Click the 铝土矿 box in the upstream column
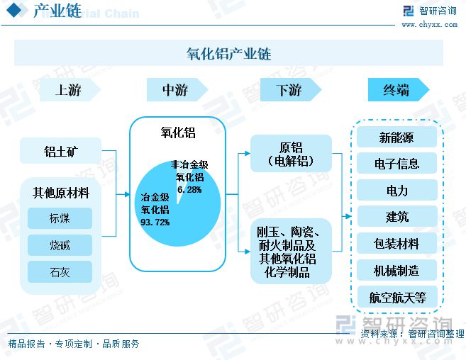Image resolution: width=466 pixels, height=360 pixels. pos(60,151)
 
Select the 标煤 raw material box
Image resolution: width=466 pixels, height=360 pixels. pos(60,218)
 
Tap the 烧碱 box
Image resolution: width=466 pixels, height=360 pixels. pos(60,245)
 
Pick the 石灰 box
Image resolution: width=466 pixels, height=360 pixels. pos(60,272)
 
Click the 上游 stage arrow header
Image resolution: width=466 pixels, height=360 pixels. pos(70,90)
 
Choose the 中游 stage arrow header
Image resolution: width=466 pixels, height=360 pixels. pos(177,90)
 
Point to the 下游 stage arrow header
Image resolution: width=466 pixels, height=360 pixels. pos(291,90)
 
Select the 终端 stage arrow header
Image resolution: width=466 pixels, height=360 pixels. pos(399,90)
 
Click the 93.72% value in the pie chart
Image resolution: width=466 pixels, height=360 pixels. pos(155,223)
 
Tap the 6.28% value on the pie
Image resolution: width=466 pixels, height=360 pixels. pos(189,189)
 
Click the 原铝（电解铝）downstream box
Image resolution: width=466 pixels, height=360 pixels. pos(291,154)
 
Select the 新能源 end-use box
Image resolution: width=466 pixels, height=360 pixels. pos(396,137)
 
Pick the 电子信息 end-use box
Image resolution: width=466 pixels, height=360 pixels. pos(396,163)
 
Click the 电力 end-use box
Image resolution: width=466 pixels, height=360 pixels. pos(396,190)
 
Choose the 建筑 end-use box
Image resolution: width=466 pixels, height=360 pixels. pos(396,216)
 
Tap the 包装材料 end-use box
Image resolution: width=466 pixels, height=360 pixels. pos(396,243)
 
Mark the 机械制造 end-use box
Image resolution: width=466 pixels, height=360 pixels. pos(396,270)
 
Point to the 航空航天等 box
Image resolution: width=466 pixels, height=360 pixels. pos(397,297)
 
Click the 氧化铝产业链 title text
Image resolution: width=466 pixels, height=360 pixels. pos(229,54)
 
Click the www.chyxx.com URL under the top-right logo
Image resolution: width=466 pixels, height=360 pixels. pos(429,25)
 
